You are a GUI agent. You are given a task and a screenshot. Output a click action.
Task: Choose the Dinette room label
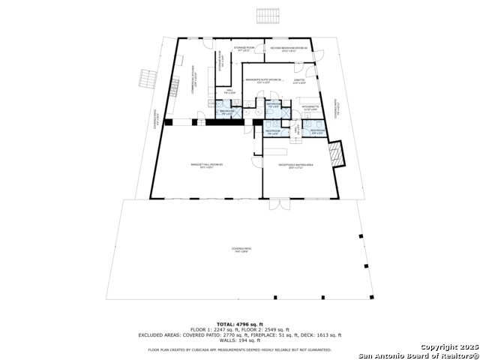point(299,80)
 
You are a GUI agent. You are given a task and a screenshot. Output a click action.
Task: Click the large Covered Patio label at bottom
point(240,250)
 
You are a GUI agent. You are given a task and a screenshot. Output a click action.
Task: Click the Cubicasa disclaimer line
point(240,349)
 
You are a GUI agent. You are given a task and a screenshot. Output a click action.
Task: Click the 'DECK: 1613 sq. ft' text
point(319,335)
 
